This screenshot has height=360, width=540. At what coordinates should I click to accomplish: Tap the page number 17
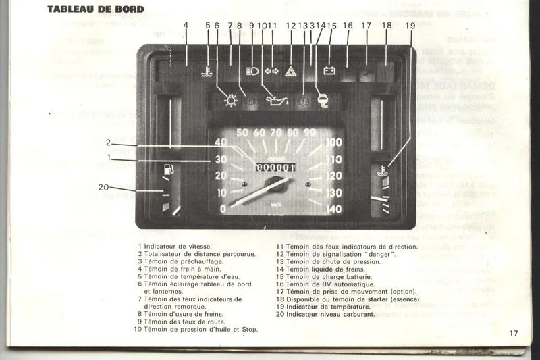click(514, 332)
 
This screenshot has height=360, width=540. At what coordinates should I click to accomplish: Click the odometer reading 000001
click(275, 167)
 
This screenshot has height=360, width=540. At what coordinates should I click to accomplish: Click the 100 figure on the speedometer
click(333, 143)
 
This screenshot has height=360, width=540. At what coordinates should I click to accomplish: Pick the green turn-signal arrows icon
click(272, 70)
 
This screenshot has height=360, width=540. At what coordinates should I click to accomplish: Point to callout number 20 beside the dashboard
click(103, 187)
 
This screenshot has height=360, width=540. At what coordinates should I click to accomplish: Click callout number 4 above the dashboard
click(185, 25)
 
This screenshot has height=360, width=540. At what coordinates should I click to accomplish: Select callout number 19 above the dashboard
click(410, 25)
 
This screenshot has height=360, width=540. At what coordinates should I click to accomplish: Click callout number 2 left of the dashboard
click(108, 142)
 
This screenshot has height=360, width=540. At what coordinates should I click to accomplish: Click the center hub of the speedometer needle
click(275, 184)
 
